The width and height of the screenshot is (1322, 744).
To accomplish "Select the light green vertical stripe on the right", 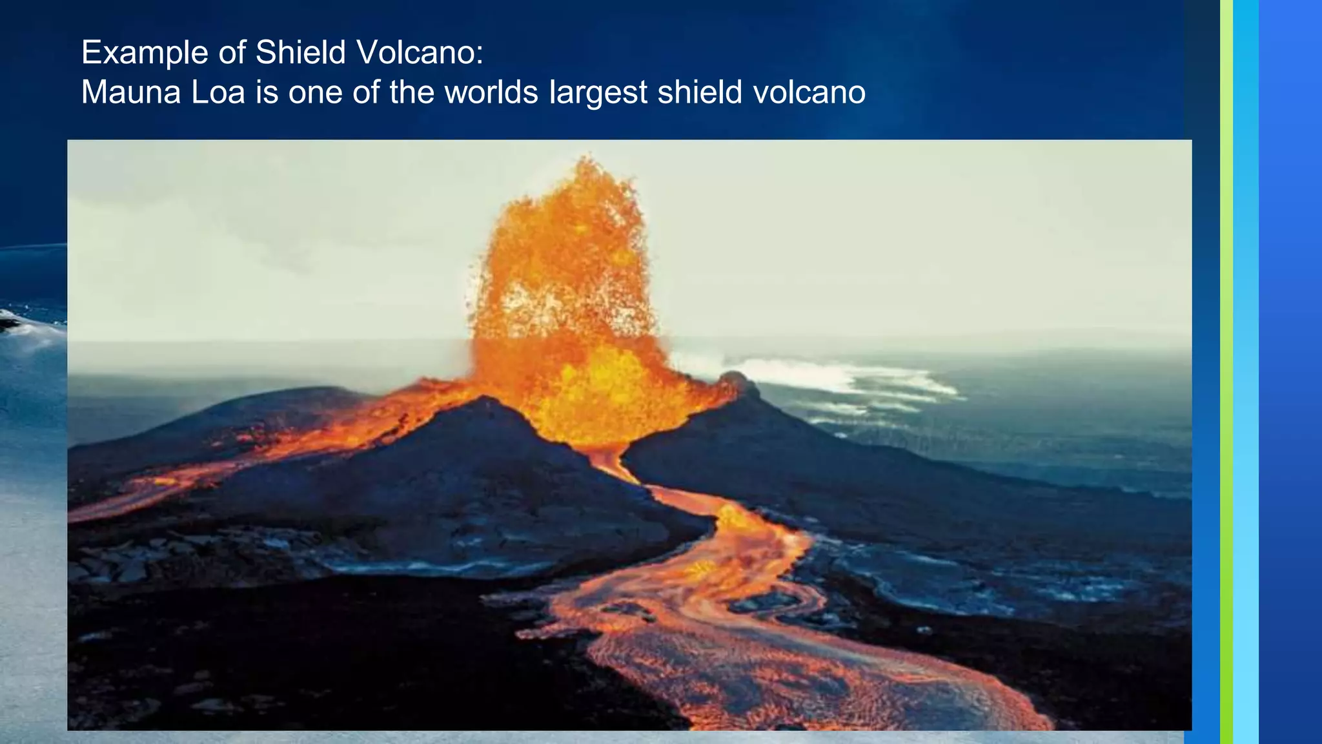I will click(1226, 372).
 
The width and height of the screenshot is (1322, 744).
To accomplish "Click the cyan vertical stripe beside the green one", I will click(1245, 372).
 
